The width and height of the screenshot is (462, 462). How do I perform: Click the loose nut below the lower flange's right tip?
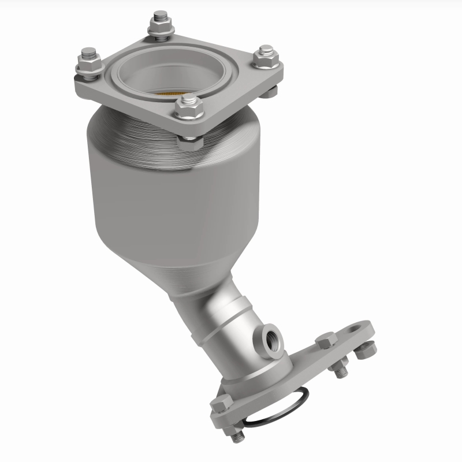pyautogui.click(x=366, y=349)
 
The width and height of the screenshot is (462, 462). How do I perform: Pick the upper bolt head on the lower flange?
pyautogui.click(x=326, y=342)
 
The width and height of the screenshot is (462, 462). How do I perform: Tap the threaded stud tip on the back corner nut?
pyautogui.click(x=159, y=16)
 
